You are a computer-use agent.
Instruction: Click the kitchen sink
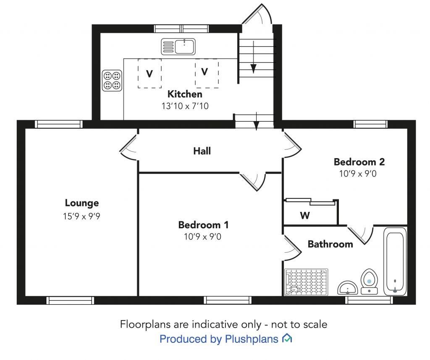[x=178, y=46]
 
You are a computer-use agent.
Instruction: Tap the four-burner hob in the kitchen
[x=112, y=81]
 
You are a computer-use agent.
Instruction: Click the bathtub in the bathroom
[x=395, y=262]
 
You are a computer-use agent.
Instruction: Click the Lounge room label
[x=82, y=203]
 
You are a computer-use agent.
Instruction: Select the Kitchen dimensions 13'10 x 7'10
[x=185, y=106]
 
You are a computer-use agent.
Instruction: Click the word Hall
[x=202, y=151]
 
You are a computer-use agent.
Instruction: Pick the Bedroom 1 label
[x=203, y=225]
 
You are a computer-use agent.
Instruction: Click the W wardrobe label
[x=305, y=216]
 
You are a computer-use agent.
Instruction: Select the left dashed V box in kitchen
[x=149, y=73]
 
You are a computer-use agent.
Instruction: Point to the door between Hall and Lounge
[x=129, y=149]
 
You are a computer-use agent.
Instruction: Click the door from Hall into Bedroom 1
[x=254, y=180]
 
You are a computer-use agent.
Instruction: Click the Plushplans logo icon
[x=287, y=338]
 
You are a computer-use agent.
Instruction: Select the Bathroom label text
[x=330, y=244]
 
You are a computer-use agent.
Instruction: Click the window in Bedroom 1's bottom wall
[x=227, y=300]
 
